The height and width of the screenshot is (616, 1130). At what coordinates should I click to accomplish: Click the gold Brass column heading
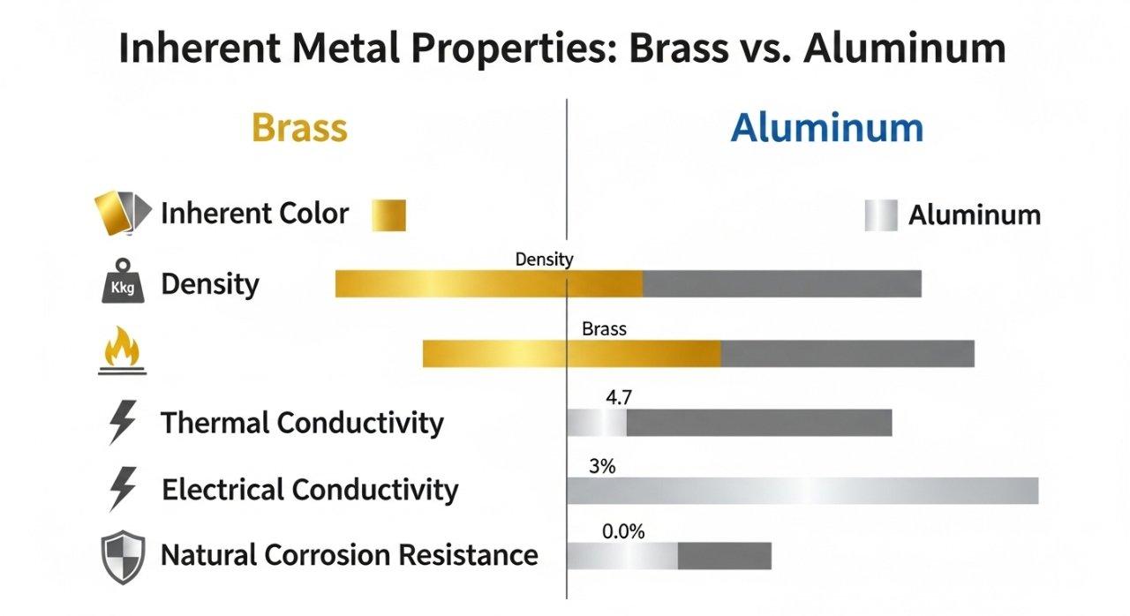click(299, 128)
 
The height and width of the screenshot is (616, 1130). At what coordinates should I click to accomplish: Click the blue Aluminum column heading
click(827, 128)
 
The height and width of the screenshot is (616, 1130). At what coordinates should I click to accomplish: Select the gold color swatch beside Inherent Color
click(389, 214)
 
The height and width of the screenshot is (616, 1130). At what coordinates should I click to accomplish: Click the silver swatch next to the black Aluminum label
click(880, 215)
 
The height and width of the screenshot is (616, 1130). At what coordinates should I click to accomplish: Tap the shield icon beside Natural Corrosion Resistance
click(123, 557)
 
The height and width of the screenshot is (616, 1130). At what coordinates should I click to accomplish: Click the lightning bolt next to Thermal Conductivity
click(122, 423)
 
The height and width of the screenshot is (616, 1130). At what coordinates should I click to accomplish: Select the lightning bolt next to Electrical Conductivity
click(122, 489)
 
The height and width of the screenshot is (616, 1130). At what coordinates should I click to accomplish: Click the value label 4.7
click(619, 398)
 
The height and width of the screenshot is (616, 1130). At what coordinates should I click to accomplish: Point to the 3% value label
click(601, 466)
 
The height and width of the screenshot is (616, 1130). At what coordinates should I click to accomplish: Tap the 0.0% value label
click(623, 532)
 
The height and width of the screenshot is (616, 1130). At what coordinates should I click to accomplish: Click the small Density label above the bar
click(544, 259)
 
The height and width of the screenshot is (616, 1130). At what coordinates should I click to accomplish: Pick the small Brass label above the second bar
click(604, 329)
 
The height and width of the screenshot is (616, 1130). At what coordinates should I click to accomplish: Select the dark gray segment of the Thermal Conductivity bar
click(759, 423)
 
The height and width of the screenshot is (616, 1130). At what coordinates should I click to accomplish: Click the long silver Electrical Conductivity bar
click(802, 490)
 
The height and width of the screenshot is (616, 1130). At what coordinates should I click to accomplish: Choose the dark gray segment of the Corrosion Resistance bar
click(724, 556)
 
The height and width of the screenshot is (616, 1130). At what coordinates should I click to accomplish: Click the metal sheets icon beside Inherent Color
click(117, 214)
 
